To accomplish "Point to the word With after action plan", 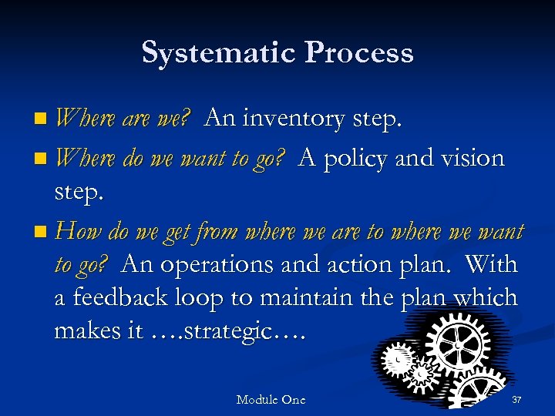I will pos(492,264).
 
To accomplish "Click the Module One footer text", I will pos(271,399).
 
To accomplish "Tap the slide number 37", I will pos(516,399).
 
